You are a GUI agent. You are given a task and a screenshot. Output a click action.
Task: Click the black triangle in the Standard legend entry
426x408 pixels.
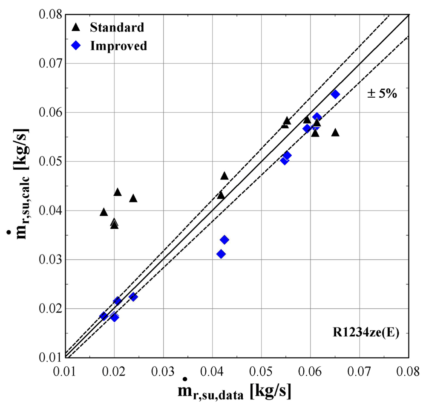tap(76, 27)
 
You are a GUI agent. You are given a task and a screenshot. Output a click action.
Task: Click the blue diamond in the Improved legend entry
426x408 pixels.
tap(76, 45)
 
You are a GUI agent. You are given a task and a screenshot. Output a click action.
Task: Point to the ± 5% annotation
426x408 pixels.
tap(382, 94)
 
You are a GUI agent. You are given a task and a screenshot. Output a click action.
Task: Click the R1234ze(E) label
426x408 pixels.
tap(366, 333)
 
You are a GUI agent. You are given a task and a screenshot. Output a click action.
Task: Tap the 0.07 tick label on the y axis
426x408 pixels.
tap(51, 64)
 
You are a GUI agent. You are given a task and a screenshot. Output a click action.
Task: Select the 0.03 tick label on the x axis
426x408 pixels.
tap(163, 372)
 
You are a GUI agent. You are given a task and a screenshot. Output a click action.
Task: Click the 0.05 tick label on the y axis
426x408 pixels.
tap(51, 162)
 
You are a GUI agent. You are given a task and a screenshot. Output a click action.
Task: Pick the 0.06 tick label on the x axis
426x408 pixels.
tap(310, 372)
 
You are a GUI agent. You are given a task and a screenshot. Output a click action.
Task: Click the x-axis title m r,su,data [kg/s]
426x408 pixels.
tap(234, 391)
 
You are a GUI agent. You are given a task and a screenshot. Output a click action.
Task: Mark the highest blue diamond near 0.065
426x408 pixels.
tap(335, 94)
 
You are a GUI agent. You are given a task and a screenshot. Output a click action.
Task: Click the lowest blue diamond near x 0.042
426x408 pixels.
tap(221, 254)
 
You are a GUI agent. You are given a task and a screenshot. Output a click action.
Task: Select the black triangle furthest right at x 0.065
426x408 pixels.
tap(335, 132)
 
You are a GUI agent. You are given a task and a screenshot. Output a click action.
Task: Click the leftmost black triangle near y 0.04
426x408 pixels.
tap(104, 212)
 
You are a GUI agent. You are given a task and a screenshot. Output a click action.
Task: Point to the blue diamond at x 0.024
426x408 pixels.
tap(133, 297)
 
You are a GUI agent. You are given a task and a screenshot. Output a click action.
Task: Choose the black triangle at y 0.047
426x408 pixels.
tap(225, 176)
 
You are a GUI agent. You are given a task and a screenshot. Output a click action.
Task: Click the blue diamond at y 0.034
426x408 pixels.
tap(225, 240)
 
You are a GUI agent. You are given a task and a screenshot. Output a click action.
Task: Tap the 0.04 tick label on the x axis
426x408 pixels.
tap(212, 372)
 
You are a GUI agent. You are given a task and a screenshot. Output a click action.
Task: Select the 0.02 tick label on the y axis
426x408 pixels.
tap(51, 309)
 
